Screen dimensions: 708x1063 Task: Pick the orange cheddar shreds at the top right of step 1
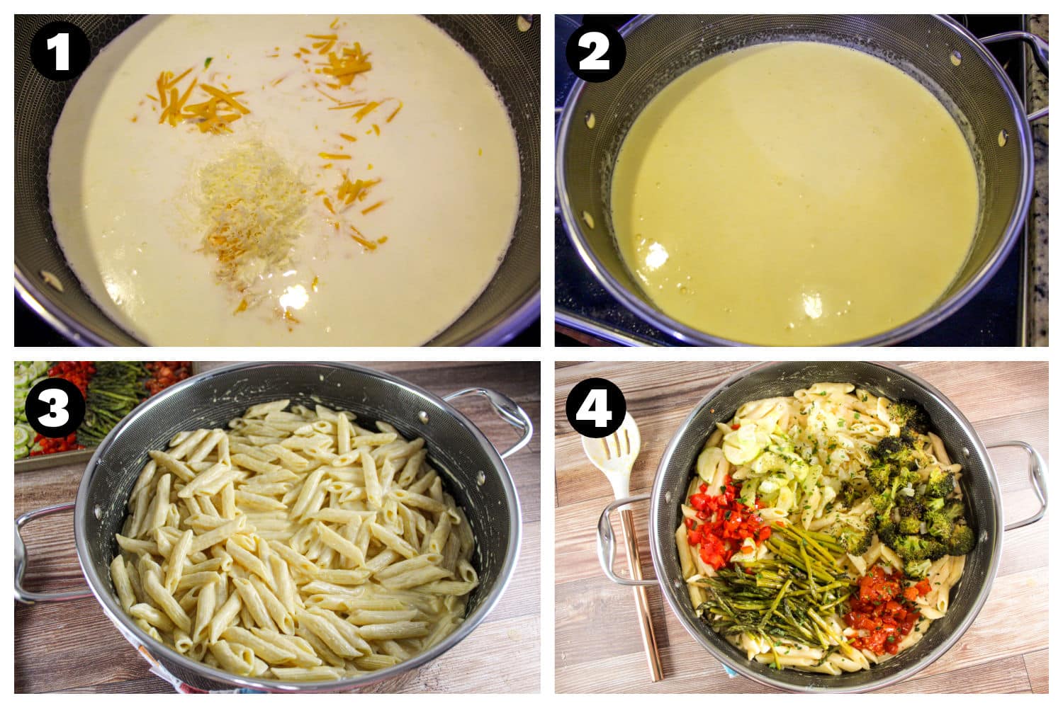coord(340,57)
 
